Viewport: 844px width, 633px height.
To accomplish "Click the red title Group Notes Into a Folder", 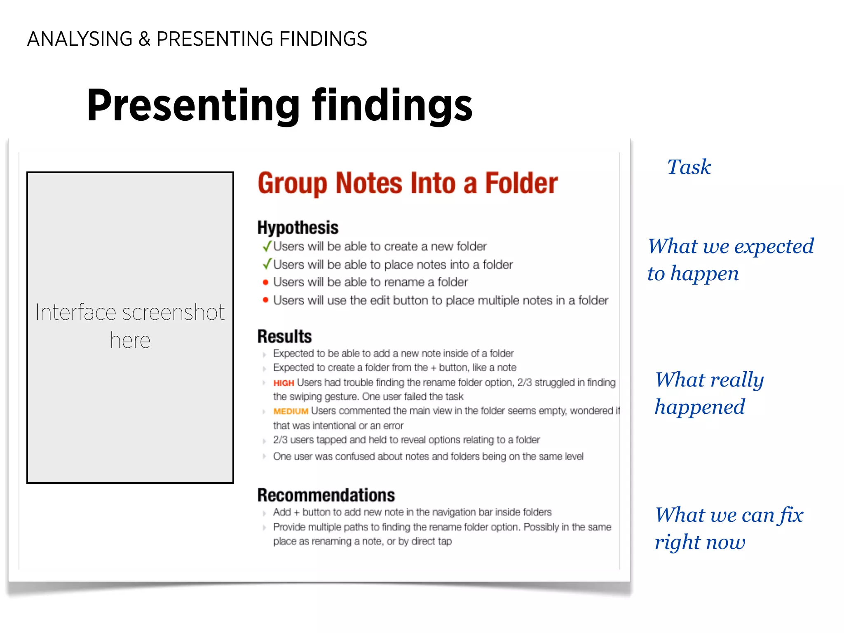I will (x=408, y=183).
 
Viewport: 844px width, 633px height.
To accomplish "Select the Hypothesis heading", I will (x=298, y=227).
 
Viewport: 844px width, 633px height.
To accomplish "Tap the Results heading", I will (x=284, y=336).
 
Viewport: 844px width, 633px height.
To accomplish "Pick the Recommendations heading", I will (x=326, y=495).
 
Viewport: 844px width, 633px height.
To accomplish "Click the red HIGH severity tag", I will (x=284, y=383).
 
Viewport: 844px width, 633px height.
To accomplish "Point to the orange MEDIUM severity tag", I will (x=291, y=411).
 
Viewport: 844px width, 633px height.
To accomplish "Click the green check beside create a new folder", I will (x=267, y=246).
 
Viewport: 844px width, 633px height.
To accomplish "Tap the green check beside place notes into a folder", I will (x=267, y=264).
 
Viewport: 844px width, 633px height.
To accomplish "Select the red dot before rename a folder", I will (x=265, y=282).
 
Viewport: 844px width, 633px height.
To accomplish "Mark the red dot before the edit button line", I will (x=265, y=300).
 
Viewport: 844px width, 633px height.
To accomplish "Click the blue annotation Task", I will (x=689, y=167).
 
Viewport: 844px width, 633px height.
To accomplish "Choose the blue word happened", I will (x=700, y=407).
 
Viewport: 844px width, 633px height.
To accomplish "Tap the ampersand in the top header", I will (x=144, y=39).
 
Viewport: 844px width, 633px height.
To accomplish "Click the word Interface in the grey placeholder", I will (x=76, y=312).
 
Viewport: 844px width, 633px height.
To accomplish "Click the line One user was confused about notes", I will (x=428, y=457).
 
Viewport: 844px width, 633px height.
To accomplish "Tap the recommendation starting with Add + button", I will (x=412, y=512).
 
